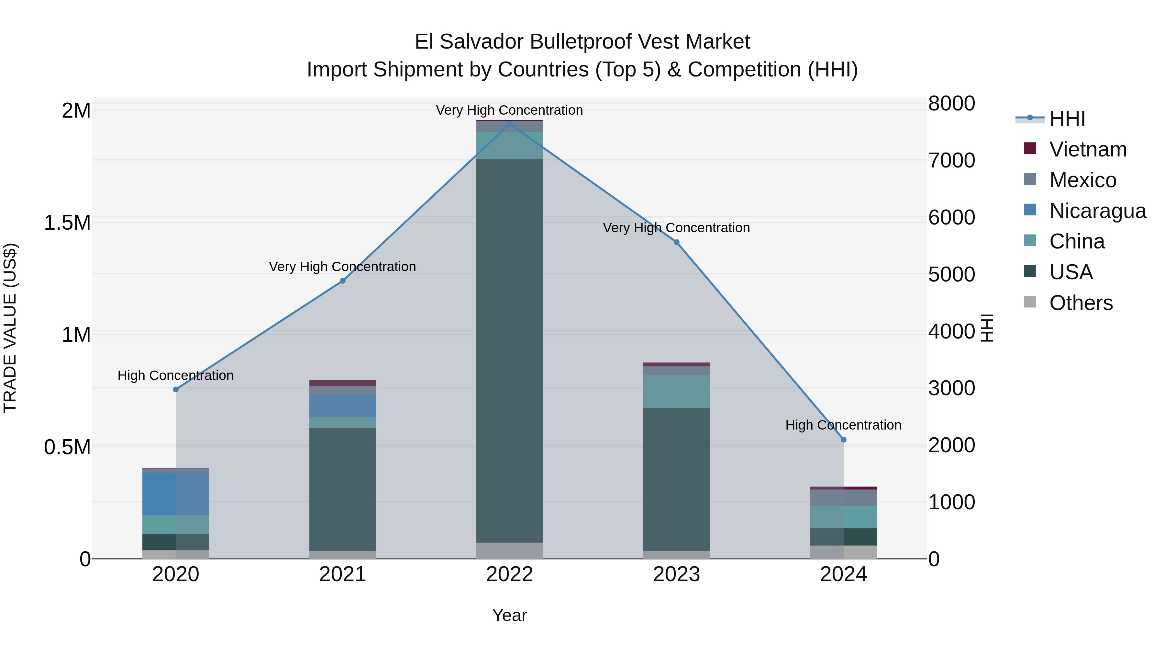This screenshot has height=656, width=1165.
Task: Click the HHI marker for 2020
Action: (x=176, y=389)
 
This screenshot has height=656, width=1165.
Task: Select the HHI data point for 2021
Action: (x=343, y=281)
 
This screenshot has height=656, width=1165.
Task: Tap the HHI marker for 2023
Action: (x=677, y=242)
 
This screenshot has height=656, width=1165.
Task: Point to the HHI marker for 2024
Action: (x=843, y=440)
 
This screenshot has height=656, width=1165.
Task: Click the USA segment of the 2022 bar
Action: (x=510, y=351)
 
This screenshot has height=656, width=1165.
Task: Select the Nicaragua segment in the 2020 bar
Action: (x=176, y=494)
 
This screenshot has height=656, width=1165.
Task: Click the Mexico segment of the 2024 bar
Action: (x=843, y=498)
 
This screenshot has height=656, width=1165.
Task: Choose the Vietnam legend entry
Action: (x=1088, y=149)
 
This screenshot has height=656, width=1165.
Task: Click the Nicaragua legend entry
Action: (x=1098, y=211)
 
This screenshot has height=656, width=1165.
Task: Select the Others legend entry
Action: (x=1081, y=303)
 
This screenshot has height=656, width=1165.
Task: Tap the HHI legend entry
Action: (x=1067, y=119)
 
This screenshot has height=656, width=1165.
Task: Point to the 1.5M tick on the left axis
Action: (x=67, y=223)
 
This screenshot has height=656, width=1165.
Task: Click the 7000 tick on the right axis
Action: (x=951, y=160)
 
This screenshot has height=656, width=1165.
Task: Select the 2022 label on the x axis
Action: (x=510, y=574)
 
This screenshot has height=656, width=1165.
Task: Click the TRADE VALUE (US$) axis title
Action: (x=10, y=328)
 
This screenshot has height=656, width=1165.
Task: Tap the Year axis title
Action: (x=510, y=615)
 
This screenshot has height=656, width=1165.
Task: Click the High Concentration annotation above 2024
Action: (x=843, y=425)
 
